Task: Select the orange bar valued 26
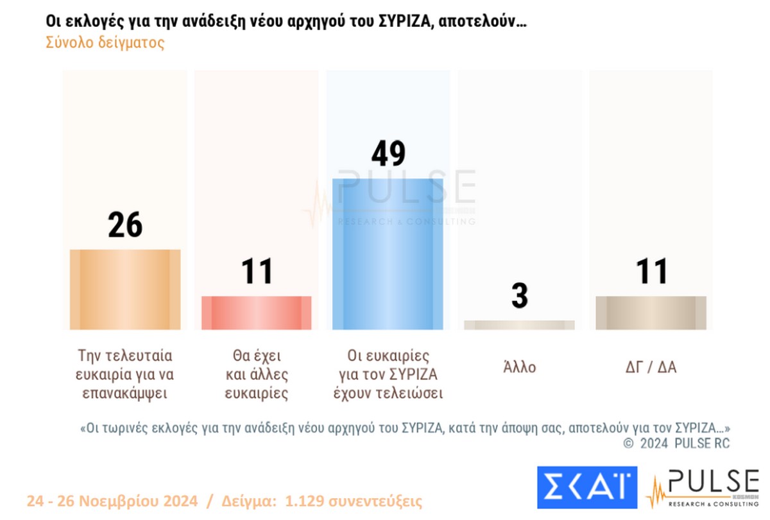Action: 125,290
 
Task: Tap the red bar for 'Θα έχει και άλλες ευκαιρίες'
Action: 256,313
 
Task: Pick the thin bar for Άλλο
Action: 519,325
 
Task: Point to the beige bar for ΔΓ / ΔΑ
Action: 651,313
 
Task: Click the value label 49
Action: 388,155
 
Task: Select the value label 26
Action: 125,225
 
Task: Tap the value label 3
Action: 519,296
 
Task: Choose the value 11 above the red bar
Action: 256,272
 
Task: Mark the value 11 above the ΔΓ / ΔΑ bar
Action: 651,272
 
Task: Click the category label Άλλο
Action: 519,368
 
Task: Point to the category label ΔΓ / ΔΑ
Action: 651,368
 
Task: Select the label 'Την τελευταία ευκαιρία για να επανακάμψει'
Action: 125,374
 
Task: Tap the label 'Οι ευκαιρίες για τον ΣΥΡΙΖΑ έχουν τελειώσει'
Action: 388,374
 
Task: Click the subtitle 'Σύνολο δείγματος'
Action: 105,43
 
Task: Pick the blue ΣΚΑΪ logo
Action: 586,486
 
